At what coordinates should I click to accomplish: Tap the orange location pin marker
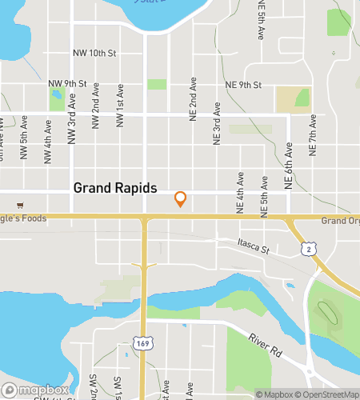[181, 198]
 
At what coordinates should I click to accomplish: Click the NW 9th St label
[66, 83]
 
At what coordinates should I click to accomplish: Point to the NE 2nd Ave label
[193, 100]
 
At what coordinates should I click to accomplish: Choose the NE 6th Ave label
[289, 170]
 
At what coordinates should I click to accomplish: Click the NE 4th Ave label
[240, 191]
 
